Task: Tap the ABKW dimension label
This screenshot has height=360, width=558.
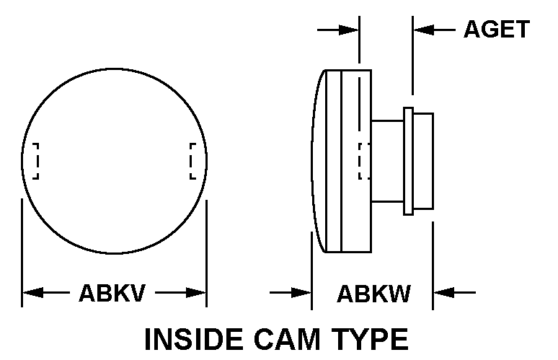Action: point(373,294)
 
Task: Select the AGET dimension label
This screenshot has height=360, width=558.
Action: point(496,30)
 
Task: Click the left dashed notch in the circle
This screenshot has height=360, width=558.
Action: point(33,161)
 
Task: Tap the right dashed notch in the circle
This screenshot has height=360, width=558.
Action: point(192,161)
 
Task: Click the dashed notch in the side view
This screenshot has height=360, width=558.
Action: point(364,161)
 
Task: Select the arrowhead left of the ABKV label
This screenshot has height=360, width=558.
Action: point(32,293)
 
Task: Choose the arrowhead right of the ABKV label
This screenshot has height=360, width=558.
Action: point(196,293)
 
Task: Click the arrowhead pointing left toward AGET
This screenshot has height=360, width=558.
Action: point(424,30)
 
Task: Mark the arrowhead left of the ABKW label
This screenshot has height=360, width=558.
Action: point(301,293)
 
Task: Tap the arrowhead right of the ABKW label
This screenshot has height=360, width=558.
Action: point(443,293)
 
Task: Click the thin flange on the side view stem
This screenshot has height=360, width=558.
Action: point(408,161)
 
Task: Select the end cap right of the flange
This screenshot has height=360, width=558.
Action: point(422,161)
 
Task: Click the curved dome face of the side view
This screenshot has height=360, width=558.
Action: point(319,161)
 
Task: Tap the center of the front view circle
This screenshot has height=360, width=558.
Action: point(115,161)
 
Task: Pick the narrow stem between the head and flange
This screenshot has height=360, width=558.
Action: point(388,161)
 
